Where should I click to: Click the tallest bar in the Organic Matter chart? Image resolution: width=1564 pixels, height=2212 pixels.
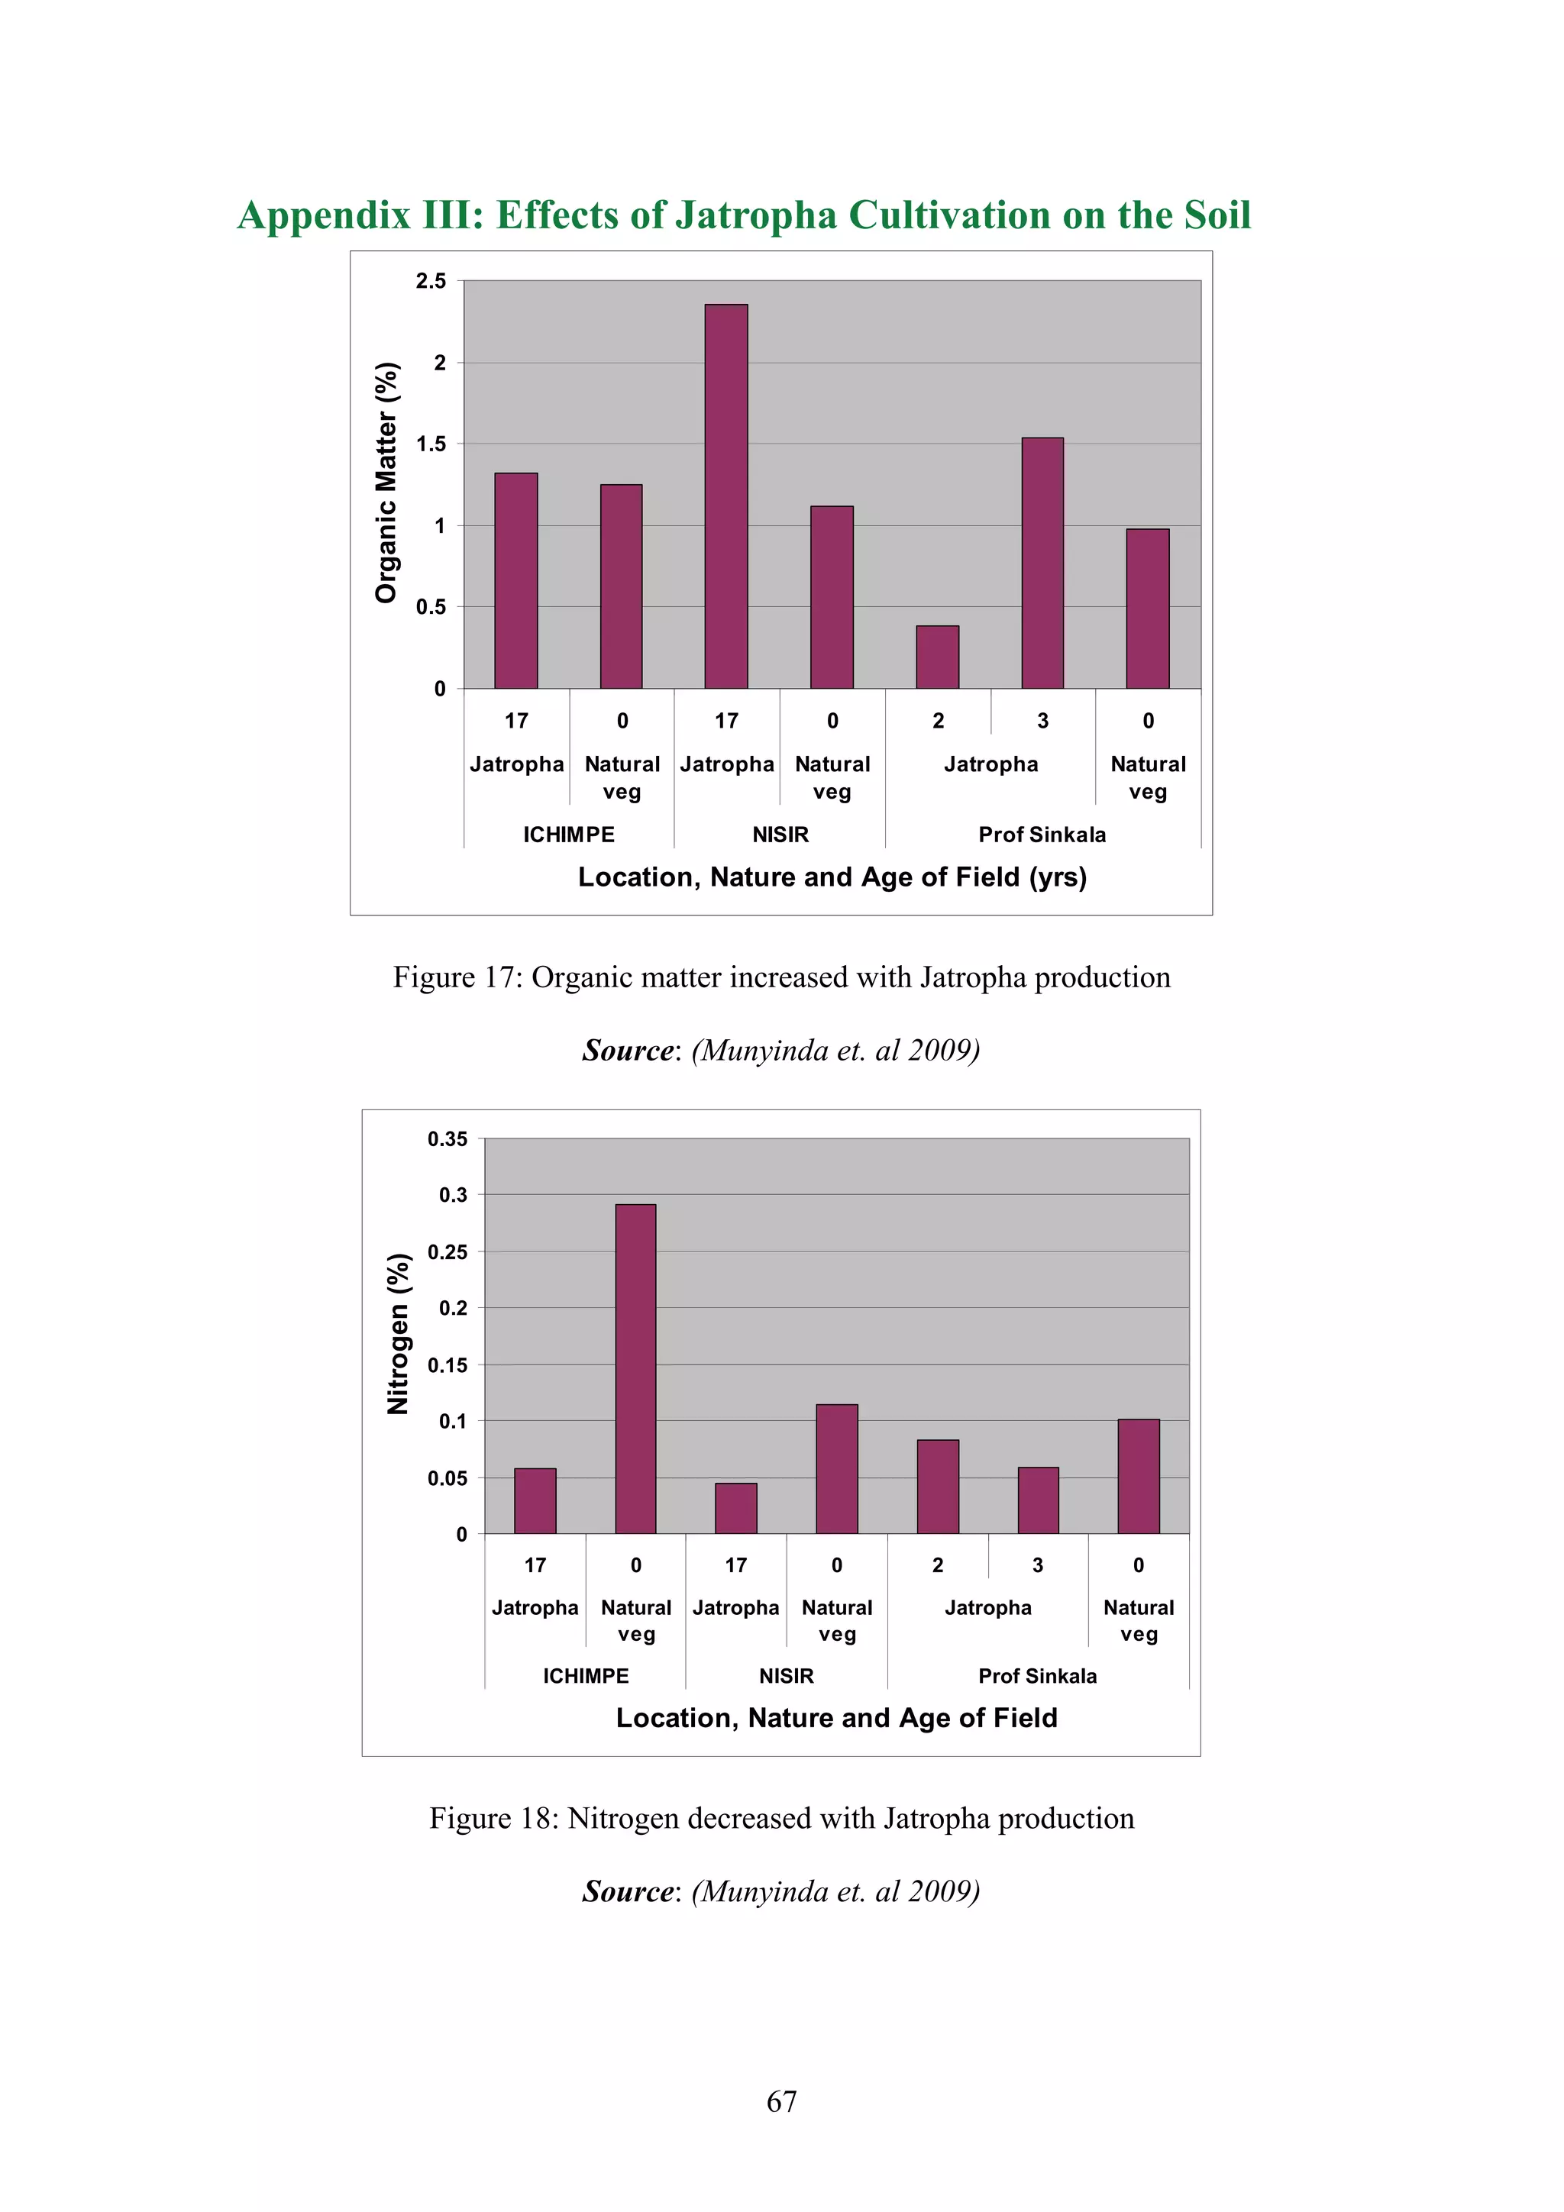coord(725,496)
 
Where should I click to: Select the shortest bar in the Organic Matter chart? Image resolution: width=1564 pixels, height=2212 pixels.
coord(937,657)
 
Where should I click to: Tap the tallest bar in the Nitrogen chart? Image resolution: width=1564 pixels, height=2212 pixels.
coord(635,1369)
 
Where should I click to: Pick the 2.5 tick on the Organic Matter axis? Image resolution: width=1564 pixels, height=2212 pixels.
coord(431,281)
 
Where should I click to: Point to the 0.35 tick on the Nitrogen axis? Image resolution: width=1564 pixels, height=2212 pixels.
coord(448,1138)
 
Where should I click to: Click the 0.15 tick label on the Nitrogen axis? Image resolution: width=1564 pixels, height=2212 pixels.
coord(448,1365)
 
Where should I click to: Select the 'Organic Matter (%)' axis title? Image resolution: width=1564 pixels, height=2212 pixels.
coord(386,483)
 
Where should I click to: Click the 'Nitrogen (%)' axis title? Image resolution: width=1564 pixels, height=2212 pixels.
coord(398,1335)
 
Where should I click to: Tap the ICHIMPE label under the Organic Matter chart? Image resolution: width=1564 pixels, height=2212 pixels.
coord(568,835)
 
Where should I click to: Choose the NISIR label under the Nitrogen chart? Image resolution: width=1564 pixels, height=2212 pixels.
coord(787,1675)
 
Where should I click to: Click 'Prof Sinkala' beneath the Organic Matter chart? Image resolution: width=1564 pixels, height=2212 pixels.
coord(1042,835)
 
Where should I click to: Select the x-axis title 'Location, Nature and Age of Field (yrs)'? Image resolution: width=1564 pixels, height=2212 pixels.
coord(832,877)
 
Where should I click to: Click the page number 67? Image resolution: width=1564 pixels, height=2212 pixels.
coord(781,2101)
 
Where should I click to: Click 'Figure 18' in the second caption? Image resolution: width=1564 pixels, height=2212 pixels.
coord(493,1818)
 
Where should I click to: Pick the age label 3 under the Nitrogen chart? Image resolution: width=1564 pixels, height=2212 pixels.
coord(1038,1565)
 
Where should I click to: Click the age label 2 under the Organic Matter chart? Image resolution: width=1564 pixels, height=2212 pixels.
coord(938,721)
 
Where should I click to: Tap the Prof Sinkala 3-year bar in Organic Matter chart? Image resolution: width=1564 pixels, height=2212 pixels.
coord(1042,563)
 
